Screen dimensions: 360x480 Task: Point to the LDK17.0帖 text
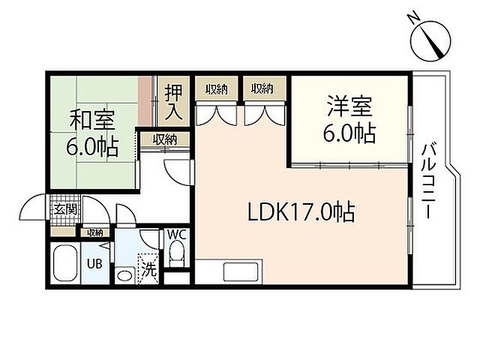click(x=301, y=212)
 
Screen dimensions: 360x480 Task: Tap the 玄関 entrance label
click(x=64, y=209)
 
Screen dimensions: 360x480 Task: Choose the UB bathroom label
click(x=94, y=264)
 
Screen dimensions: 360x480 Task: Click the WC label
click(x=176, y=234)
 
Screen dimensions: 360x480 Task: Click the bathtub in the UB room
click(x=66, y=263)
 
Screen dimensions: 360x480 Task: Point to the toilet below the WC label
click(x=176, y=256)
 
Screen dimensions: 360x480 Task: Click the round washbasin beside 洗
click(x=124, y=274)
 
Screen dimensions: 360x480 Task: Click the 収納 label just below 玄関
click(x=94, y=232)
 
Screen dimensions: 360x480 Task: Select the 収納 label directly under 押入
click(x=165, y=139)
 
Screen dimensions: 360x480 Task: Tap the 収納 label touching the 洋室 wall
click(x=262, y=88)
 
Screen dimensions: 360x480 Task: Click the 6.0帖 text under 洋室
click(x=349, y=133)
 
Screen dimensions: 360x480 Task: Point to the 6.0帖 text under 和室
click(x=94, y=147)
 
